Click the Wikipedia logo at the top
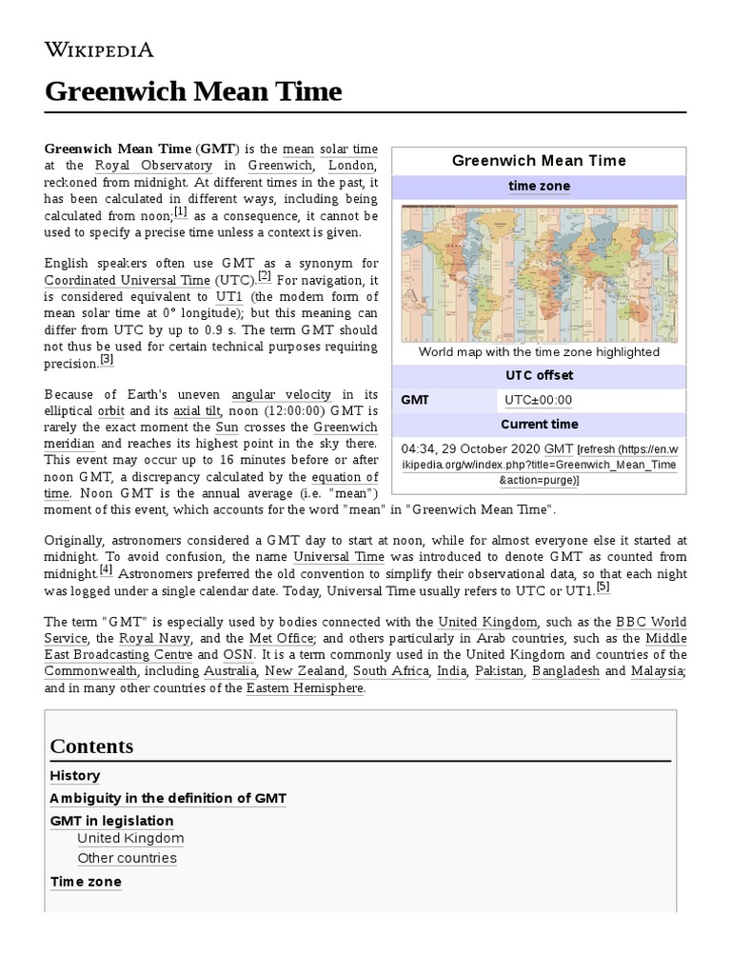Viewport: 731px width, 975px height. click(99, 50)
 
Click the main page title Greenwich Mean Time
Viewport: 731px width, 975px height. click(192, 91)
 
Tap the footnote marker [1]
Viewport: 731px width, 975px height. click(180, 212)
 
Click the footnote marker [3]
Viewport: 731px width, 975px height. click(107, 360)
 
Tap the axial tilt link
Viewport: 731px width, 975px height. click(196, 411)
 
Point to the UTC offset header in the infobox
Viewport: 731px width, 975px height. click(540, 376)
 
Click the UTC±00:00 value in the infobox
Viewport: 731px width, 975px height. click(538, 401)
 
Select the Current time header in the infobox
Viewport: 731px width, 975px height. click(540, 425)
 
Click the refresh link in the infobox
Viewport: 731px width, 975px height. click(598, 448)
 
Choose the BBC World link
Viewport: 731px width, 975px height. click(651, 622)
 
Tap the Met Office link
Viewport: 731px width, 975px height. click(260, 639)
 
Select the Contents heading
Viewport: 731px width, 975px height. click(91, 746)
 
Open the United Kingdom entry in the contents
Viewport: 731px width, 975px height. click(130, 839)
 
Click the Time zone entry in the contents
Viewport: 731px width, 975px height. click(86, 882)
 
